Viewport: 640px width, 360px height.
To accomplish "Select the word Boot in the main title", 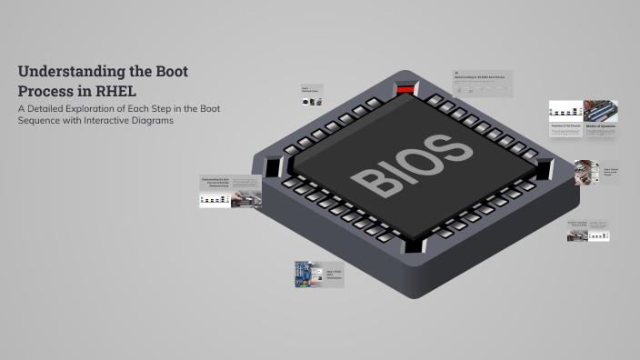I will [170, 71].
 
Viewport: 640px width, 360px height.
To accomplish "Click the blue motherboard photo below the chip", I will [307, 275].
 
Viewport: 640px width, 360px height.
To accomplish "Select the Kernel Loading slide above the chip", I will [483, 83].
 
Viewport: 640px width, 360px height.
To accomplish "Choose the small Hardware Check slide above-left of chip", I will [314, 95].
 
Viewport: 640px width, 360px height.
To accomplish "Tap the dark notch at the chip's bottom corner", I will [414, 245].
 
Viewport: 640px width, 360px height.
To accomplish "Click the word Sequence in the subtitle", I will [40, 120].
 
